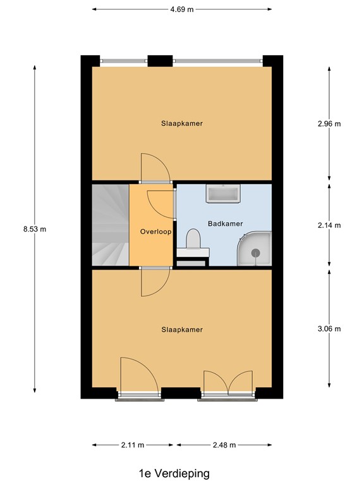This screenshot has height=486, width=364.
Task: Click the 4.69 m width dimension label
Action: [182, 9]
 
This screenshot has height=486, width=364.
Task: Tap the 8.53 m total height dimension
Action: [34, 229]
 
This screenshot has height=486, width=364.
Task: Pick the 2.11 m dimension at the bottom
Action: [133, 445]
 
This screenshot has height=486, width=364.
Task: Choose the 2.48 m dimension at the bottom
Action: [224, 445]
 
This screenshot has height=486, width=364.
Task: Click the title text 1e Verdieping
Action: [174, 473]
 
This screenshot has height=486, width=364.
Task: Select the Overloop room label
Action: [155, 232]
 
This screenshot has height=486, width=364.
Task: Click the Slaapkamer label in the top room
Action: [182, 123]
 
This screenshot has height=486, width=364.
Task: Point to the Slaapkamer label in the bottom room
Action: [182, 330]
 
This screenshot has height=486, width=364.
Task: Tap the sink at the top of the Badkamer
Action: [222, 194]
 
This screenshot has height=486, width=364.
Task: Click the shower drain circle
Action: [256, 252]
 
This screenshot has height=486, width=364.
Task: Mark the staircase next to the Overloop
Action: [110, 225]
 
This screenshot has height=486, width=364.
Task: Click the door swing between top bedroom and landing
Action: [155, 168]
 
